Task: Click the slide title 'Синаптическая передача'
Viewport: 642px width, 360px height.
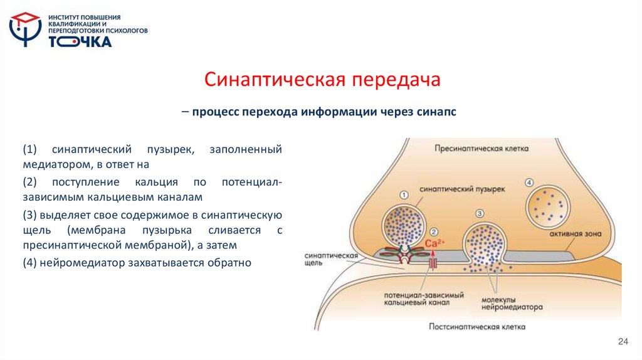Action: point(324,80)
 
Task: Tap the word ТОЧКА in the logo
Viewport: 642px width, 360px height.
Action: point(80,42)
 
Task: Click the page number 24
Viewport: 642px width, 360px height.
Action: point(623,341)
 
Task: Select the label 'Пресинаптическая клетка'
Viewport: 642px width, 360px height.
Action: point(482,149)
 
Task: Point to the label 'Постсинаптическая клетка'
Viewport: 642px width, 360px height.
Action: point(477,326)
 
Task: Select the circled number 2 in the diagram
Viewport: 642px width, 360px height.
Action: point(434,231)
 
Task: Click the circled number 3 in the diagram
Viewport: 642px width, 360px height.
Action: point(480,214)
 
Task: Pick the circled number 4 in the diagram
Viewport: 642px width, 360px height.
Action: point(529,183)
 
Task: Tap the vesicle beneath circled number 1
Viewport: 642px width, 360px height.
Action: point(404,225)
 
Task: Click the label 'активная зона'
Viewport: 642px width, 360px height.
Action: point(575,233)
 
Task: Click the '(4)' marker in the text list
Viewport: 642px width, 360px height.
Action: point(29,263)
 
